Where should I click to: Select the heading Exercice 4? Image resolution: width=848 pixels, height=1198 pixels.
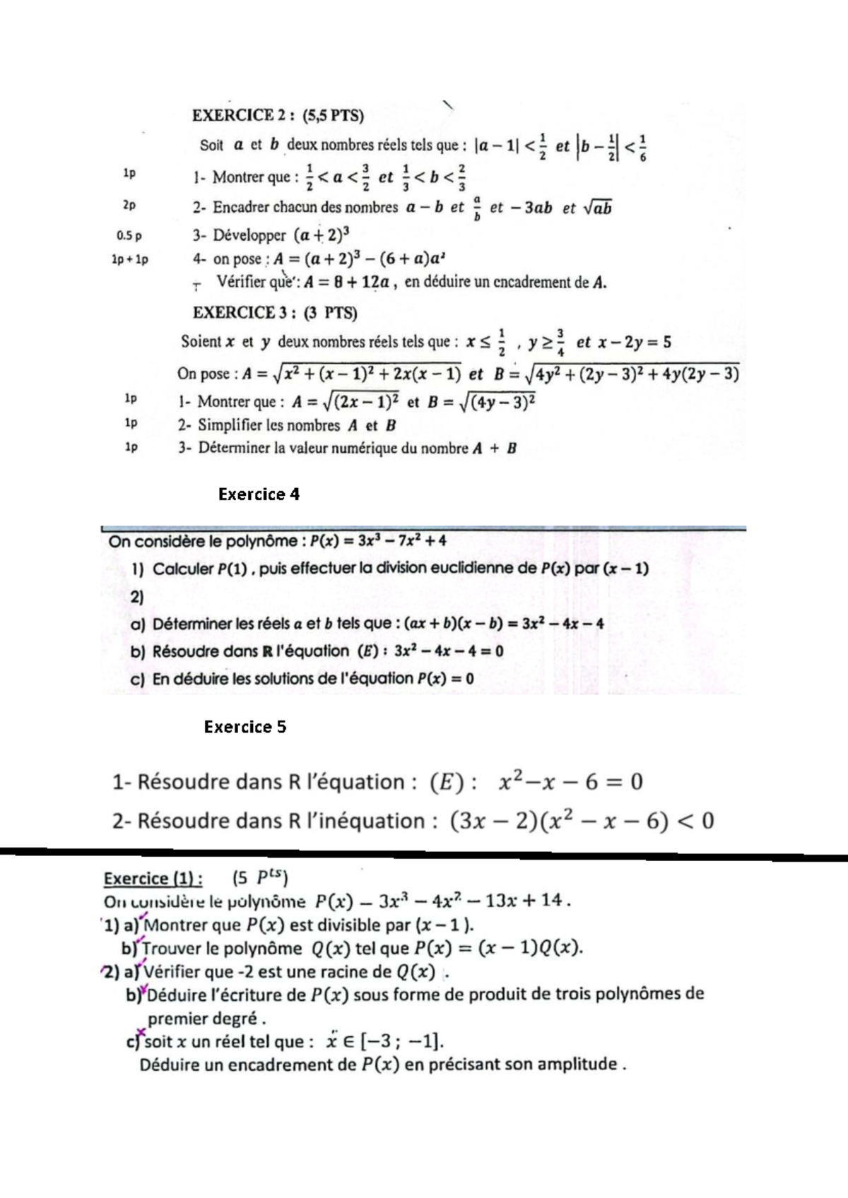[259, 494]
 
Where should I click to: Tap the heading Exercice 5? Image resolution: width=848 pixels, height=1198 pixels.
[245, 727]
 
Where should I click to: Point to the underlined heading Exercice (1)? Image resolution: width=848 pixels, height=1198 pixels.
[153, 878]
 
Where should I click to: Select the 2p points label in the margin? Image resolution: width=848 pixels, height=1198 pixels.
[129, 206]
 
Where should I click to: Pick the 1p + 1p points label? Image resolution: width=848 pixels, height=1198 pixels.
[130, 260]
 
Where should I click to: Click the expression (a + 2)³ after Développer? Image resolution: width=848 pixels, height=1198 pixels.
[322, 235]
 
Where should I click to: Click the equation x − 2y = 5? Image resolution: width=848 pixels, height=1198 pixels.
[635, 343]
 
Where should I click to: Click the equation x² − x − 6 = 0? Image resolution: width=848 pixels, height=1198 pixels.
[571, 782]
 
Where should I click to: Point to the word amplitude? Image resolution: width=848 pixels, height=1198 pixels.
[577, 1064]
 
